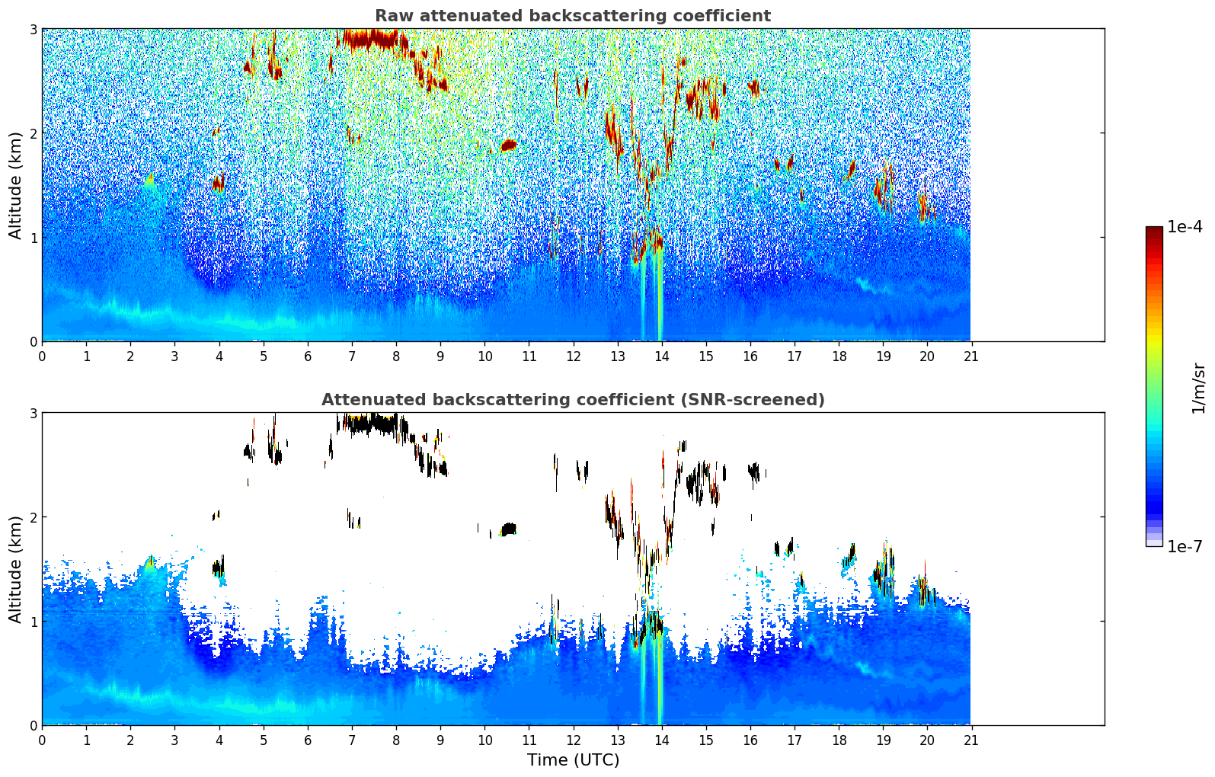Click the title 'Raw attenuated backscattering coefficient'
point(572,16)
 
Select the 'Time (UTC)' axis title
point(573,760)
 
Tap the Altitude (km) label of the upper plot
point(15,185)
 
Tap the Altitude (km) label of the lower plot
point(15,569)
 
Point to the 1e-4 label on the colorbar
point(1185,227)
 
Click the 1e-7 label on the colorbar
point(1185,547)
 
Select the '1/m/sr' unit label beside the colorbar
point(1198,388)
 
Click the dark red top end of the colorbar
point(1154,231)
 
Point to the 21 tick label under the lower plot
point(970,740)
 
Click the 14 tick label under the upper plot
point(661,357)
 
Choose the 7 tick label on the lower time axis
point(352,740)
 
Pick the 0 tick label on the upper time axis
point(42,357)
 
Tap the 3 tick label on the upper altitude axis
point(34,29)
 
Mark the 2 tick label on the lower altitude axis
point(34,517)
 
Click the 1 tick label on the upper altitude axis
point(34,238)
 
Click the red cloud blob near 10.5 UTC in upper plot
point(508,145)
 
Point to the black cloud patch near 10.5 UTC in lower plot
point(508,529)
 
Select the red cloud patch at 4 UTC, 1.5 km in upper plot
point(219,184)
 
